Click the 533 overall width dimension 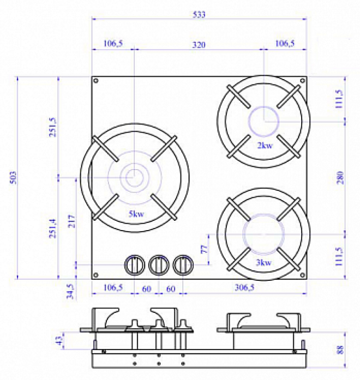199,15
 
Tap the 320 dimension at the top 199,45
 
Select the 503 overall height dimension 13,178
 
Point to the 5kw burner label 136,214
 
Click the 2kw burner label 265,145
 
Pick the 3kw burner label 264,262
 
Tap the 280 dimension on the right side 340,178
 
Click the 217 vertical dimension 71,221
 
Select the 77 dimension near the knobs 205,249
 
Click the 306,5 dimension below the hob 244,287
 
